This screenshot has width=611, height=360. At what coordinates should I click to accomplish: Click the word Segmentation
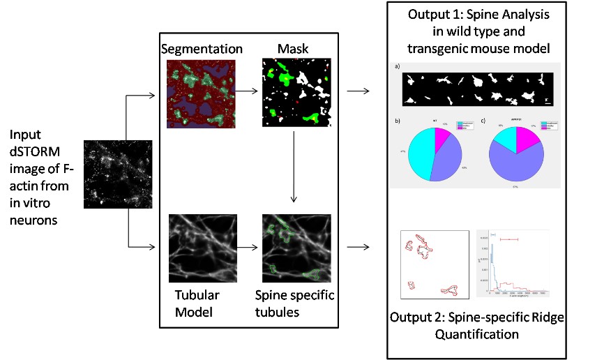click(201, 50)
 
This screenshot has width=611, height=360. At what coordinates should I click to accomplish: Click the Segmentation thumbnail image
click(202, 93)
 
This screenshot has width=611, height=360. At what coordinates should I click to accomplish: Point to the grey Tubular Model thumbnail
click(202, 247)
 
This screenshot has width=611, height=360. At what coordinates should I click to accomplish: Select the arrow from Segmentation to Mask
click(248, 90)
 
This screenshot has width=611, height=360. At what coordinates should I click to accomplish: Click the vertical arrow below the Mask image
click(295, 167)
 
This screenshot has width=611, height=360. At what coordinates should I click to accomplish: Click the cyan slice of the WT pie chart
click(425, 154)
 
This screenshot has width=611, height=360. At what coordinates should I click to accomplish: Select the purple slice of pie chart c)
click(517, 165)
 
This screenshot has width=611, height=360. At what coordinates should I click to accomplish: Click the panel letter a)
click(397, 66)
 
